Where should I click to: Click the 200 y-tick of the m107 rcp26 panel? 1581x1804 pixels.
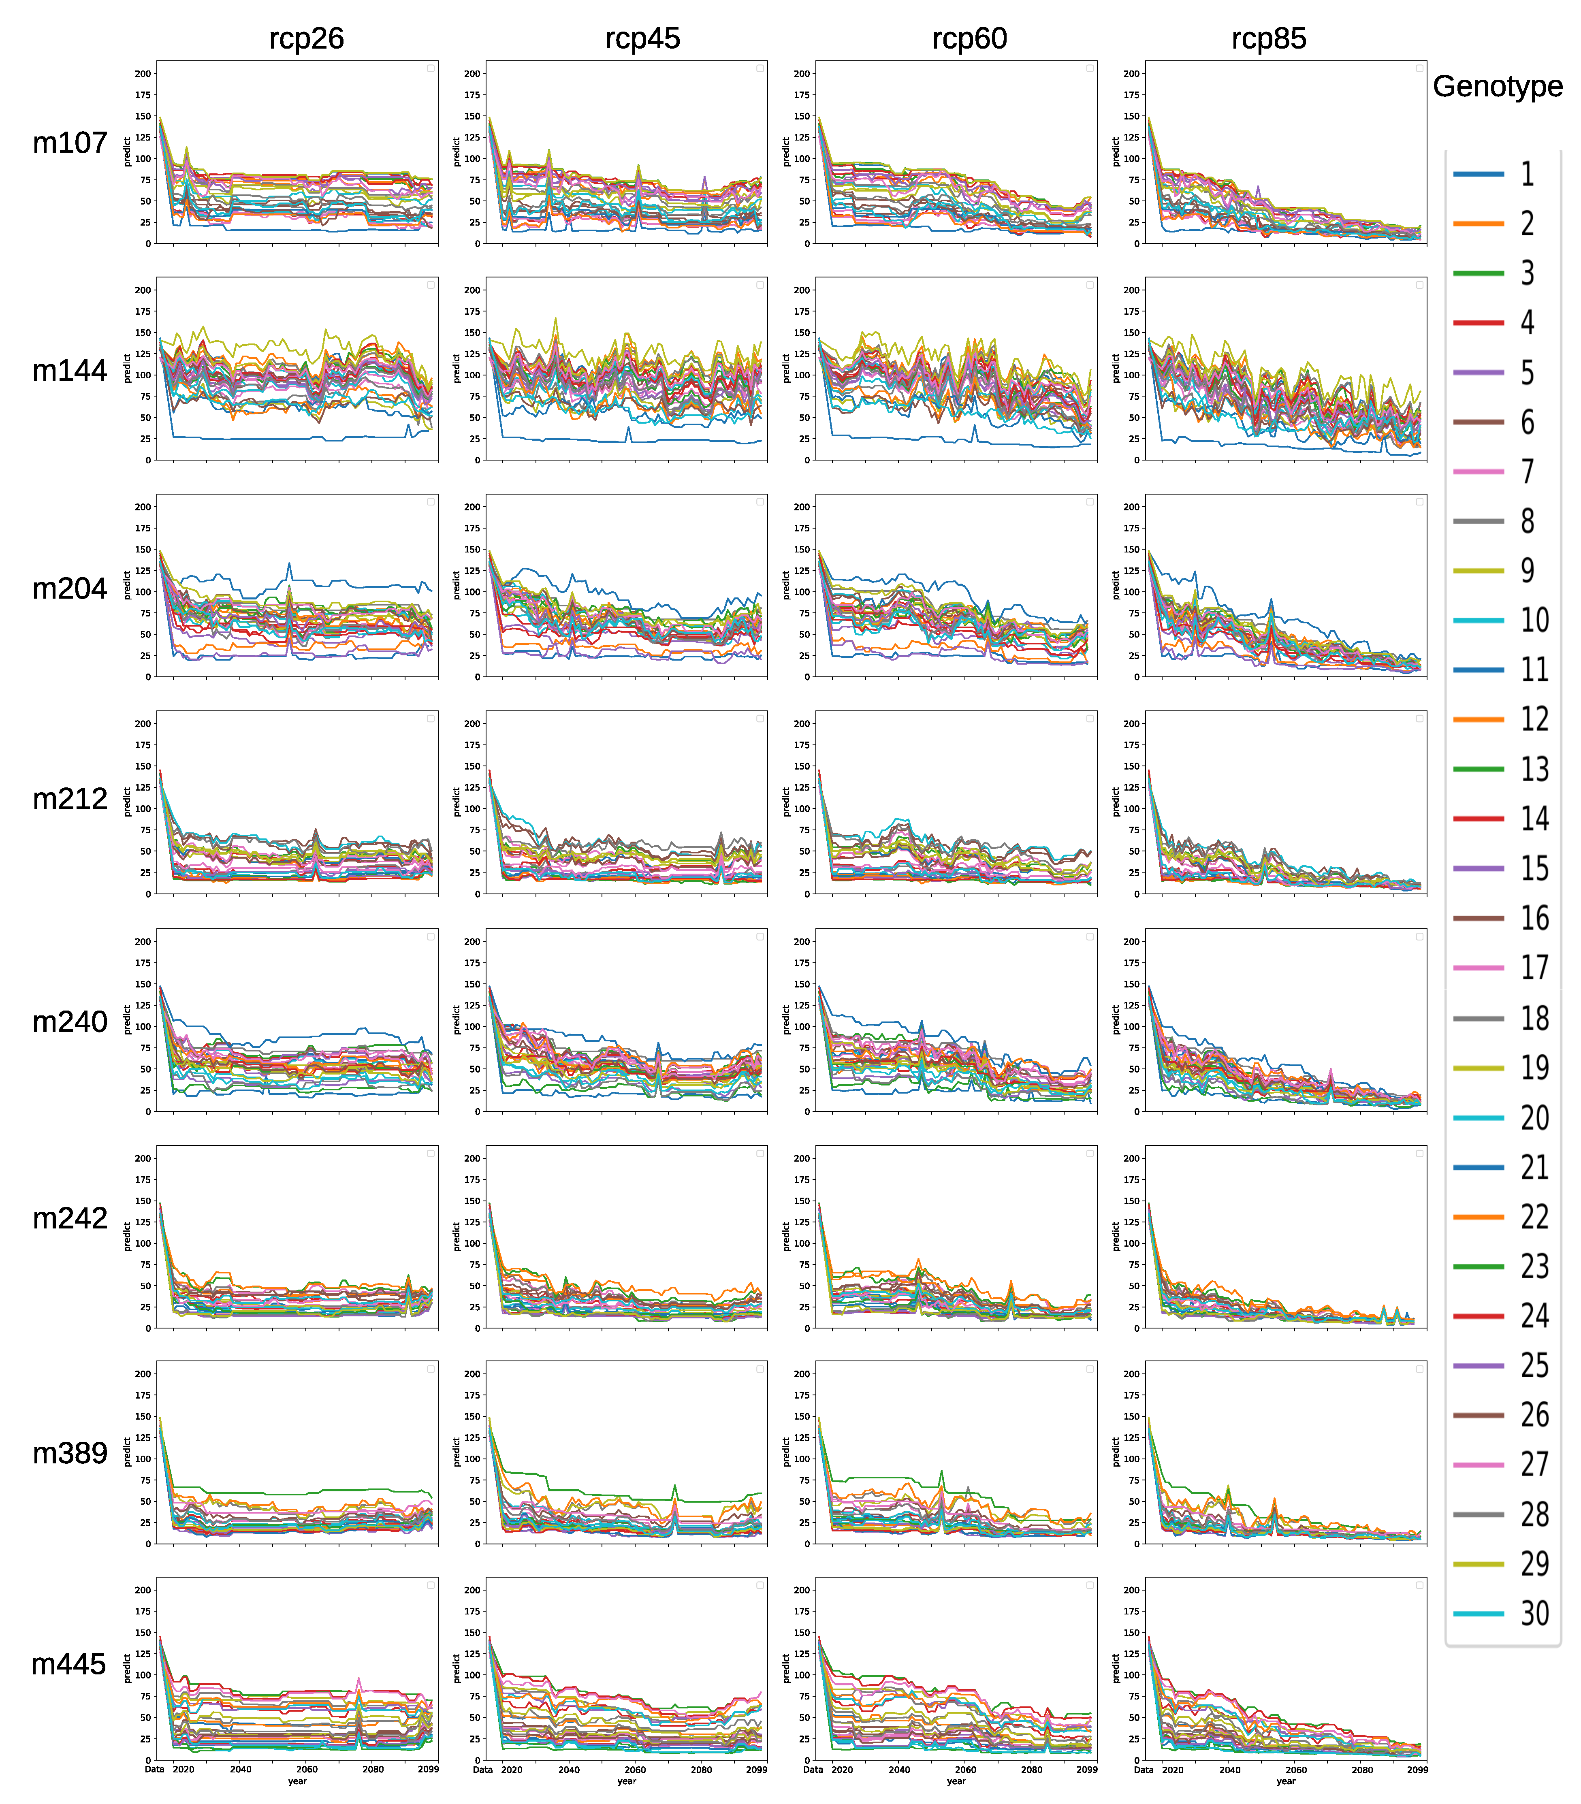(143, 74)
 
